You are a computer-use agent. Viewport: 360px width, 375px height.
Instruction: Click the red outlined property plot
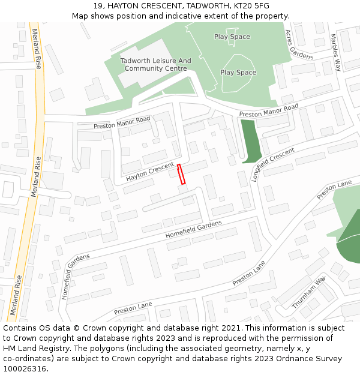pos(182,173)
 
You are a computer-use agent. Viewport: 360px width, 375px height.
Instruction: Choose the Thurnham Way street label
pos(308,292)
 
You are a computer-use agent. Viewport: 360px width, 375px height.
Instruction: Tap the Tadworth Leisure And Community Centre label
pos(155,65)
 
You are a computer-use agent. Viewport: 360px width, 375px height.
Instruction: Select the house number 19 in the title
pos(98,6)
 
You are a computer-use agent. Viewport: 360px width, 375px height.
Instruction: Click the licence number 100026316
pos(24,369)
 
